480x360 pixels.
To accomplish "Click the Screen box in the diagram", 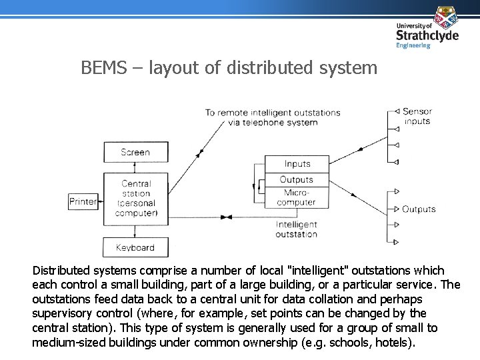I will click(x=136, y=152).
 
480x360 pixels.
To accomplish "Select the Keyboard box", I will click(x=135, y=247).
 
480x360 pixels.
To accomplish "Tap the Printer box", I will click(x=83, y=201).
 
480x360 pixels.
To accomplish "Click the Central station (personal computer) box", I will click(x=136, y=198).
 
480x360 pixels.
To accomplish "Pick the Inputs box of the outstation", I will click(x=297, y=164).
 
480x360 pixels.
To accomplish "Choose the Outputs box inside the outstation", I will click(x=297, y=180).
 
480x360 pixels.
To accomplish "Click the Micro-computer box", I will click(x=297, y=197).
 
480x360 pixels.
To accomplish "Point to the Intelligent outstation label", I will click(x=297, y=229).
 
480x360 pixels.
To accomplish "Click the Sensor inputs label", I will click(x=417, y=116).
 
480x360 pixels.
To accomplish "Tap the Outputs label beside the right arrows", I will click(x=419, y=209).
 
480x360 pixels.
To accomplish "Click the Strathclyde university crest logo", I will click(x=446, y=16).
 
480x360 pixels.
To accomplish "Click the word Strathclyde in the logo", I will click(x=427, y=35).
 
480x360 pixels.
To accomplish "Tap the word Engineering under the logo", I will click(x=413, y=46).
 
